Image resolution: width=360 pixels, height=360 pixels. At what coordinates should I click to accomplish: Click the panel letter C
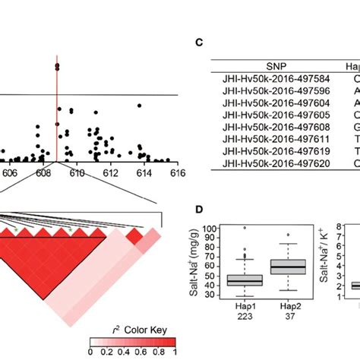pos(199,43)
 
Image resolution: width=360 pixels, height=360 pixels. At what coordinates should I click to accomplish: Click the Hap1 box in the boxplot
pos(245,280)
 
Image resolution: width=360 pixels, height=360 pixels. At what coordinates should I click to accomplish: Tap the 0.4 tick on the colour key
pos(125,352)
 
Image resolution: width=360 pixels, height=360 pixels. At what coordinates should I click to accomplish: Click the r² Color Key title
pos(132,332)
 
